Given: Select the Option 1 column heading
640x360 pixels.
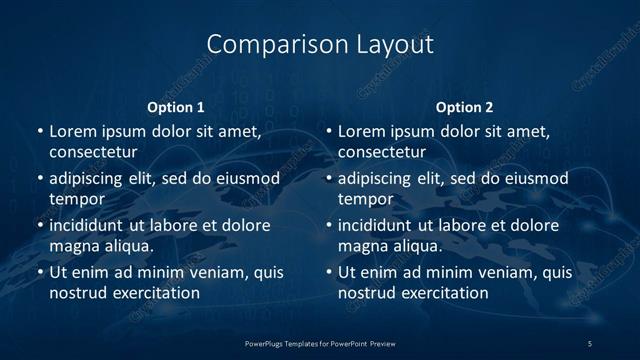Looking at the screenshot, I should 176,107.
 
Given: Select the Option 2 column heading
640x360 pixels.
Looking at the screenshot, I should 464,107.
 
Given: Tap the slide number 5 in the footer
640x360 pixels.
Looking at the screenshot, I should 591,343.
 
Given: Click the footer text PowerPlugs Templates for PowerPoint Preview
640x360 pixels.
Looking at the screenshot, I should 320,343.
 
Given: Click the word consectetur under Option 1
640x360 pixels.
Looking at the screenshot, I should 93,152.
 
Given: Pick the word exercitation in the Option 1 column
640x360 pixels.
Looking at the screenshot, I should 155,293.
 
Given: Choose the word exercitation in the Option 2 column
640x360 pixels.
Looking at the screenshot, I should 444,293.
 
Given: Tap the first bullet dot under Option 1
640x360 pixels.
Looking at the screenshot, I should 39,132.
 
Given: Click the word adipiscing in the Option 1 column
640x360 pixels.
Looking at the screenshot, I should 91,179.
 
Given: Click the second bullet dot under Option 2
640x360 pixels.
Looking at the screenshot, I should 328,179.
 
